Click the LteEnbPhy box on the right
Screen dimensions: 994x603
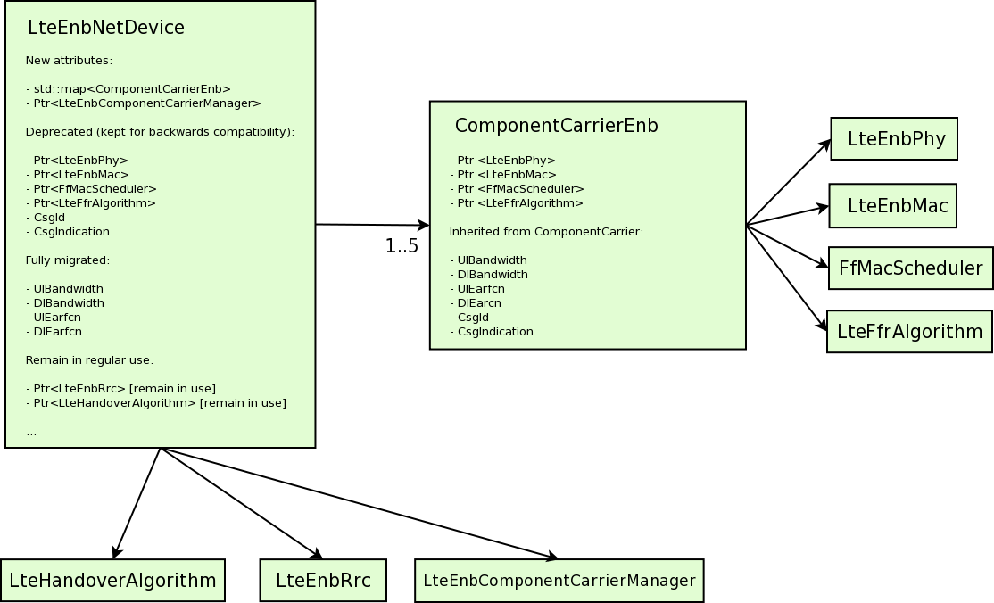pyautogui.click(x=894, y=139)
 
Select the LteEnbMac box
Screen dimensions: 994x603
pyautogui.click(x=892, y=205)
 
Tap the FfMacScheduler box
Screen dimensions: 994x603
pyautogui.click(x=911, y=268)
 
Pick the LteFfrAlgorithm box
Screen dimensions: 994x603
pyautogui.click(x=910, y=332)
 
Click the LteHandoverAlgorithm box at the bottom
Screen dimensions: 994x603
pyautogui.click(x=112, y=580)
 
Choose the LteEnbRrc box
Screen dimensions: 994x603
pyautogui.click(x=323, y=580)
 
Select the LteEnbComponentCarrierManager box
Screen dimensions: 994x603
pyautogui.click(x=559, y=580)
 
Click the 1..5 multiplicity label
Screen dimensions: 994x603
pyautogui.click(x=402, y=246)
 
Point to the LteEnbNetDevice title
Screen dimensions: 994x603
pyautogui.click(x=106, y=28)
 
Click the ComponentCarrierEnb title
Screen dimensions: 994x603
pyautogui.click(x=557, y=126)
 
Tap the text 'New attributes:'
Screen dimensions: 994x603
pyautogui.click(x=69, y=61)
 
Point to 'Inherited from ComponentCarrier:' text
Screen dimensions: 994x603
pyautogui.click(x=546, y=231)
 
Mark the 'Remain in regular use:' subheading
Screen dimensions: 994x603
pyautogui.click(x=89, y=360)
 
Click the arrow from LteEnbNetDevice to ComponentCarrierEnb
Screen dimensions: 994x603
pyautogui.click(x=373, y=225)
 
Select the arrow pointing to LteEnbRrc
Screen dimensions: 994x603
pyautogui.click(x=242, y=503)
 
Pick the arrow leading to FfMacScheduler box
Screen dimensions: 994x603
pyautogui.click(x=787, y=247)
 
